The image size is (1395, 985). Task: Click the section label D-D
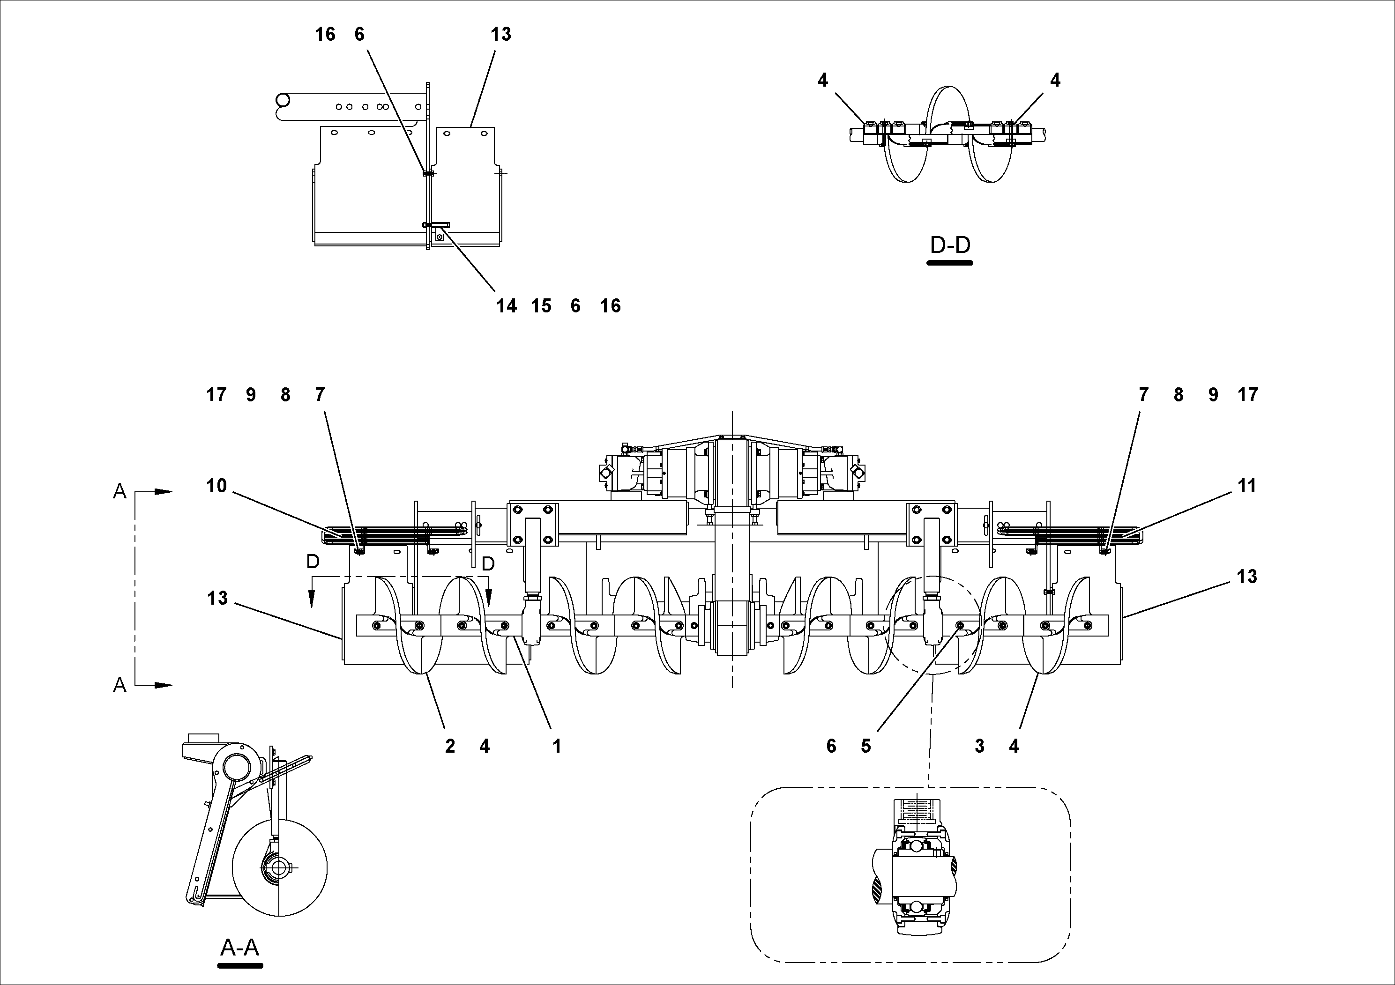[x=950, y=245]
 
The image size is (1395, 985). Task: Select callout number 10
[x=216, y=486]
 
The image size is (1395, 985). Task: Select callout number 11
[x=1247, y=486]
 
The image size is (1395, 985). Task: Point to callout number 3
[x=979, y=746]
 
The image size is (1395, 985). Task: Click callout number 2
[x=449, y=746]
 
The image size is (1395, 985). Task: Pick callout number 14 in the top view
[x=506, y=306]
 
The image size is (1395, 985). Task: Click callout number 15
[x=541, y=306]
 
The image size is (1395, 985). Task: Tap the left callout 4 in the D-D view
[x=823, y=80]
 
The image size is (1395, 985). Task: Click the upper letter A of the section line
[x=119, y=492]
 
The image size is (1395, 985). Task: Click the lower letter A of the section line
[x=119, y=686]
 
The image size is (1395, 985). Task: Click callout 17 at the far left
[x=216, y=395]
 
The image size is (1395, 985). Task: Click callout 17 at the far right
[x=1248, y=395]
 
